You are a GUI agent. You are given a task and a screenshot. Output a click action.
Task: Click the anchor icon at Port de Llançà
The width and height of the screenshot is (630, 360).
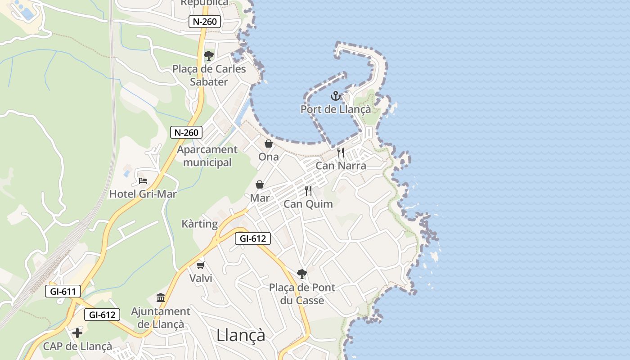tap(335, 96)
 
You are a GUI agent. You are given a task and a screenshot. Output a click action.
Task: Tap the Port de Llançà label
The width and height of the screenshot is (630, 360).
tap(336, 109)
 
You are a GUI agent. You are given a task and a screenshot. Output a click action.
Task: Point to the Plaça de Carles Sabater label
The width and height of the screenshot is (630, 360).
tap(209, 76)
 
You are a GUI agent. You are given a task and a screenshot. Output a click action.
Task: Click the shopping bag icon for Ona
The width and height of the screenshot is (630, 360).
tap(269, 144)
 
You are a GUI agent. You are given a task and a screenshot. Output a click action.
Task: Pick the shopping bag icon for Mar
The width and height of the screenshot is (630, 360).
tap(260, 184)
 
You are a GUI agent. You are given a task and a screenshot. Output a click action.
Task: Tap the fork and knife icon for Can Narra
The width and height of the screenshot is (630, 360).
tap(341, 153)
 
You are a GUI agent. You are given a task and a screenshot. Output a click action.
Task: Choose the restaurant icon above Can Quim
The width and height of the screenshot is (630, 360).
tap(308, 191)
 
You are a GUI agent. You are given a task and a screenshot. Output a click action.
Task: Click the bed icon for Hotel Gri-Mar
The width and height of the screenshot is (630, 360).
tap(143, 181)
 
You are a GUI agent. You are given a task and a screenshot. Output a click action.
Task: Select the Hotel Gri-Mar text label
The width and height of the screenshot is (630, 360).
tap(143, 194)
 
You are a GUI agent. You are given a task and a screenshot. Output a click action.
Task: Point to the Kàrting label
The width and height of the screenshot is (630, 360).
tap(199, 224)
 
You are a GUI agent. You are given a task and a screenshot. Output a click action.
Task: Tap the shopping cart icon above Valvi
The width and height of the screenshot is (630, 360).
tap(201, 265)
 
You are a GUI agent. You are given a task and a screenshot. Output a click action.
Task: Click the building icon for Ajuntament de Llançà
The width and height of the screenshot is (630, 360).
tap(161, 297)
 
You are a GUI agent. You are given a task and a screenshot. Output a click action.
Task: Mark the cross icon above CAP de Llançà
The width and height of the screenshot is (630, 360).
tap(77, 333)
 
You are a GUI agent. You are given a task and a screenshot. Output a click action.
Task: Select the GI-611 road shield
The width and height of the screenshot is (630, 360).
tap(63, 292)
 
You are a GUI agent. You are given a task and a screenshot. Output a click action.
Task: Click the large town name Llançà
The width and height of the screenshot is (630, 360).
tap(241, 335)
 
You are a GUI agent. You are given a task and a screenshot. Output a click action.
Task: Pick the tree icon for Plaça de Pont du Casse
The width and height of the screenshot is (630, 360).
tap(302, 274)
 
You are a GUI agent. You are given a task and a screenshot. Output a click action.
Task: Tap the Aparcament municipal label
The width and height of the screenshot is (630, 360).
tap(207, 156)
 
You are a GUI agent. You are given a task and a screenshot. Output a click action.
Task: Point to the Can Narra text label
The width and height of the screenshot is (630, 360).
tap(341, 166)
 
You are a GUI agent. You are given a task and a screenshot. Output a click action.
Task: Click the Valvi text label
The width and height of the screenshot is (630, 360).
tap(201, 278)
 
